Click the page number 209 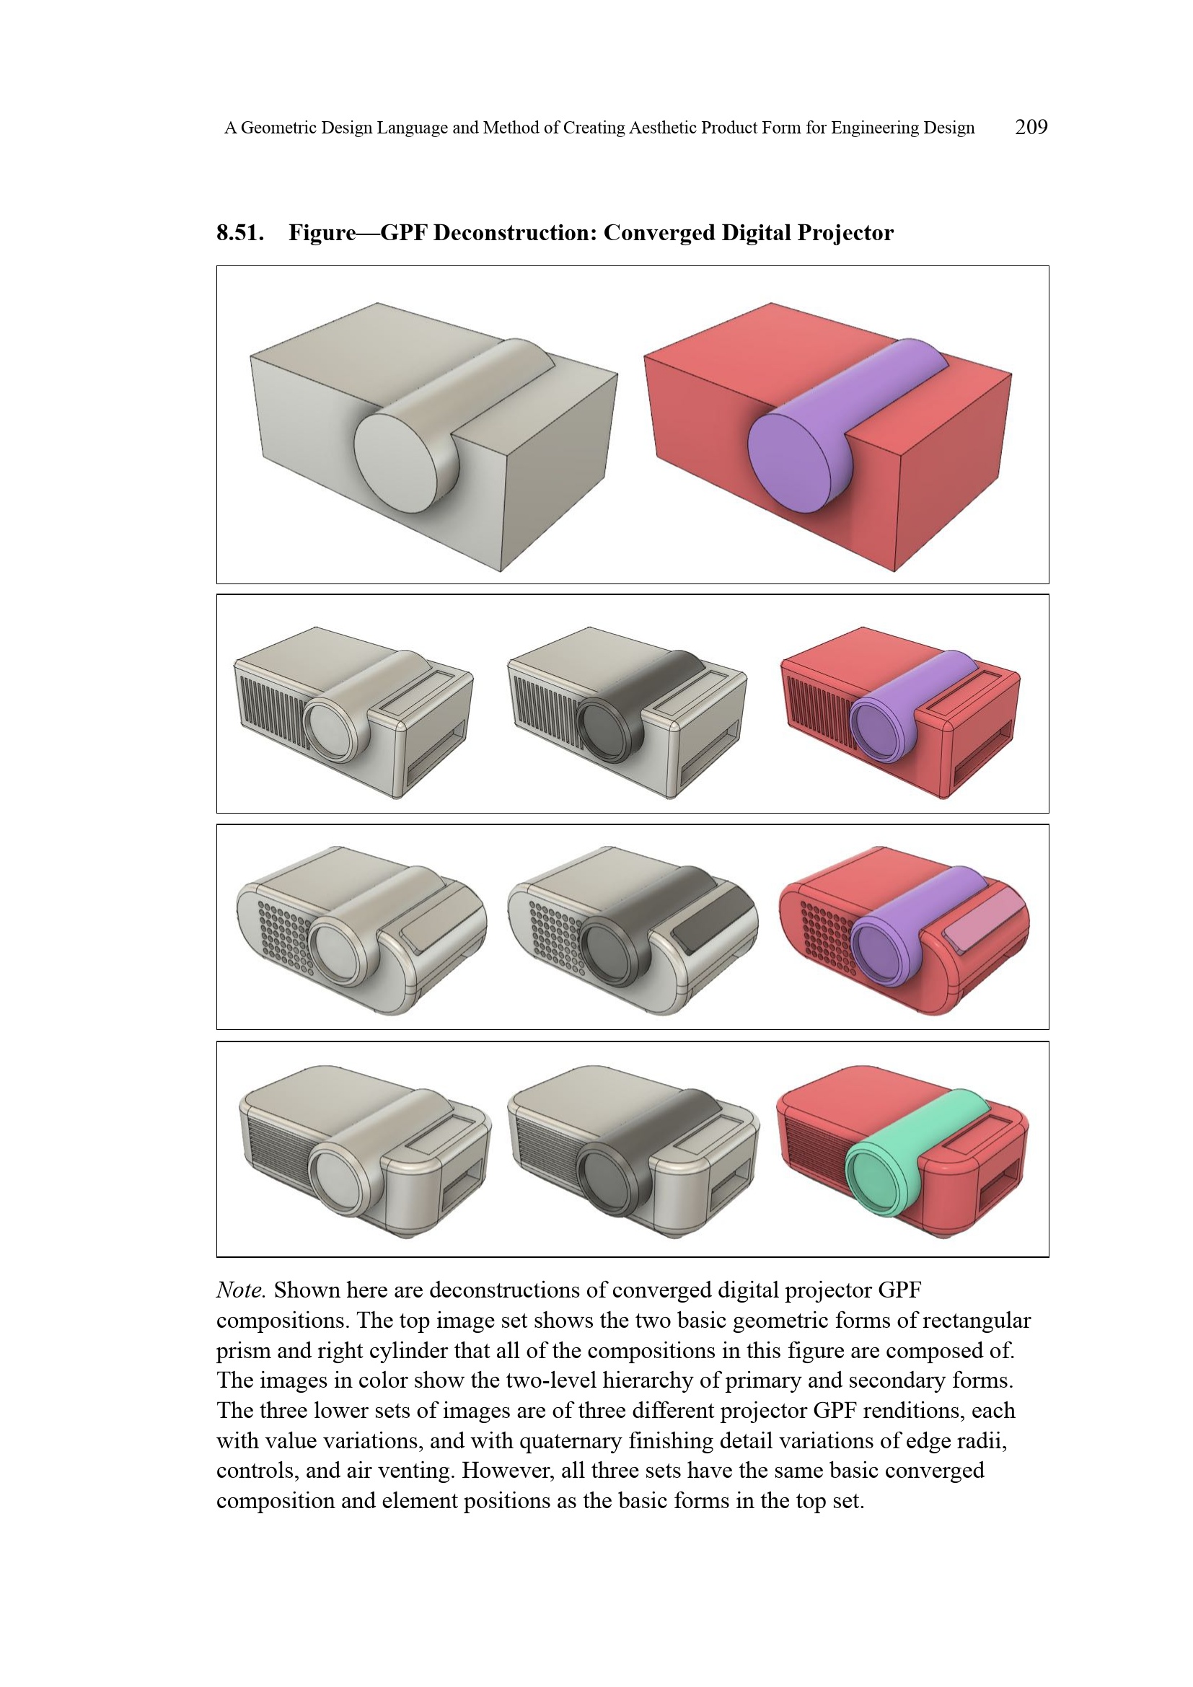click(x=1031, y=127)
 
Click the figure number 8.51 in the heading click(x=239, y=233)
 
